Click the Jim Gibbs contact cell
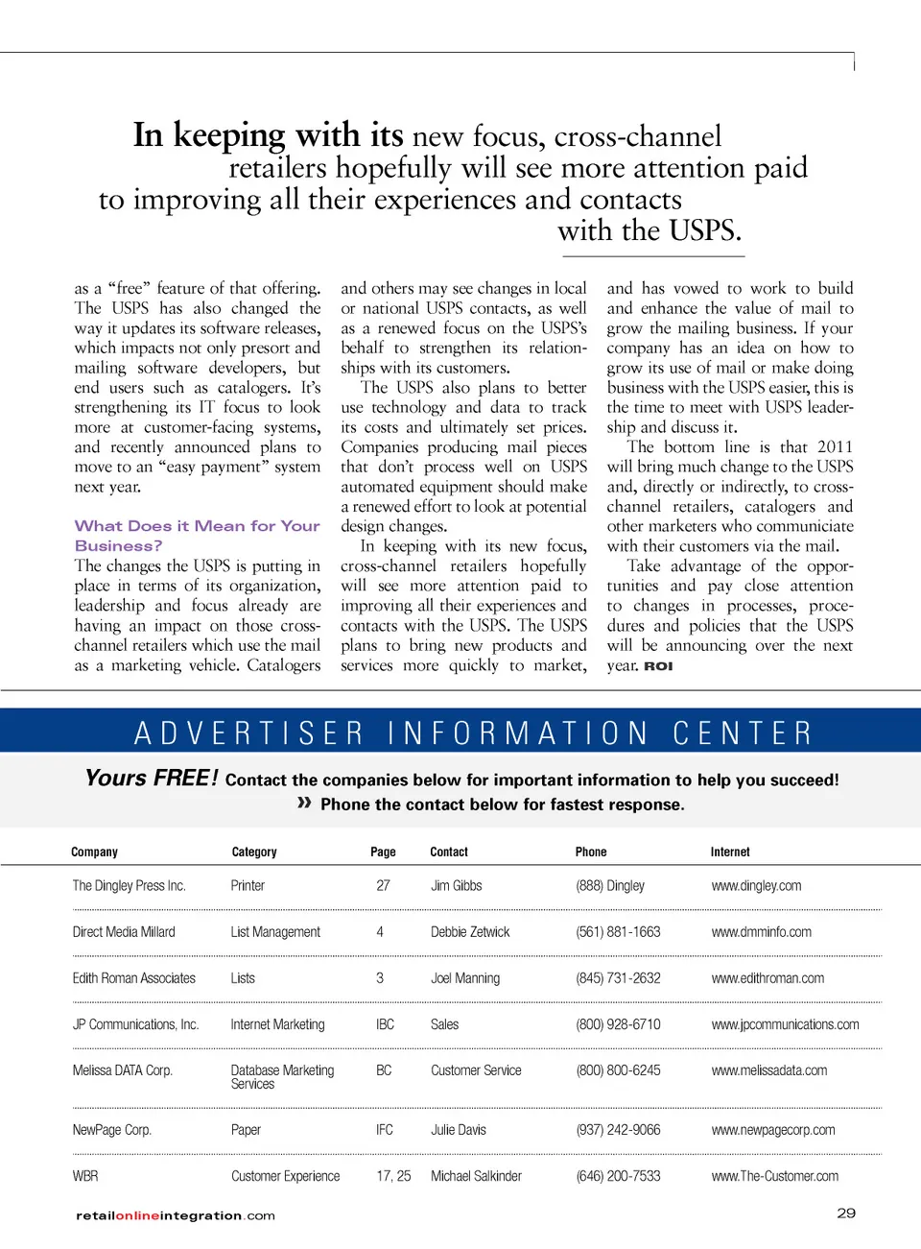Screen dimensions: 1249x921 point(456,886)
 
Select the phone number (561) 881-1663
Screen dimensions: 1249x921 point(618,932)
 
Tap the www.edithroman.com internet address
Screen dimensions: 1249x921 point(767,978)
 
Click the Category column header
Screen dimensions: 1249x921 point(253,852)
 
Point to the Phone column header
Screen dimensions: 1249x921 point(591,852)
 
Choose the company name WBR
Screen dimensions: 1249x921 point(85,1176)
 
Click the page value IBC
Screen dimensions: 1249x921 point(385,1024)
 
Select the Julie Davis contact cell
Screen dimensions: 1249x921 point(458,1130)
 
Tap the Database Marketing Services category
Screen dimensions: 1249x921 point(282,1077)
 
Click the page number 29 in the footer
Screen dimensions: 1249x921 point(845,1213)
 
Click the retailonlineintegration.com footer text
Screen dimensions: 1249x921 point(176,1215)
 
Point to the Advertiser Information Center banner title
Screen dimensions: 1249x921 point(473,733)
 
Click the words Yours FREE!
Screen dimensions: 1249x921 point(152,778)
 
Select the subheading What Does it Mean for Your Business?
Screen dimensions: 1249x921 point(197,536)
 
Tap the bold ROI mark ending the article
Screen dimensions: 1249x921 point(658,666)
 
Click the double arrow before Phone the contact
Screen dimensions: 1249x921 point(304,803)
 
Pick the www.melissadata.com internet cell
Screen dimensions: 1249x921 point(768,1070)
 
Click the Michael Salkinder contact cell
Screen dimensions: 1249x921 point(476,1176)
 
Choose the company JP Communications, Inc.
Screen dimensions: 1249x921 point(135,1024)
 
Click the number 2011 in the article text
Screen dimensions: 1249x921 point(835,446)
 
